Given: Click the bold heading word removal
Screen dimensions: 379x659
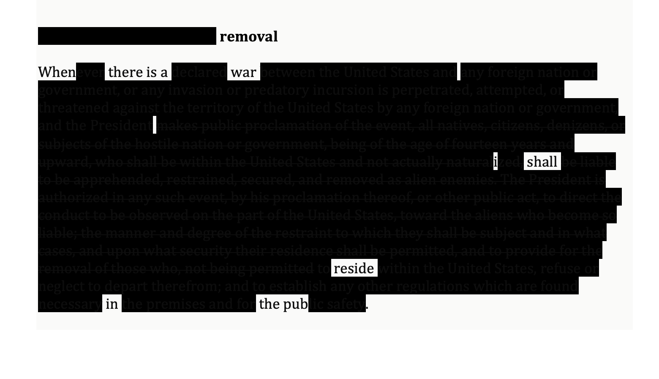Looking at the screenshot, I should (248, 36).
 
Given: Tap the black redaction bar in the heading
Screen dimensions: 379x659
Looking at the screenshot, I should (127, 36).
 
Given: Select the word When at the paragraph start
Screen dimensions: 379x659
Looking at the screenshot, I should (57, 72).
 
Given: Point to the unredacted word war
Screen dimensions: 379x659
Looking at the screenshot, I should (244, 72).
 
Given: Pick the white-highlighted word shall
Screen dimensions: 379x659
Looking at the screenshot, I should (542, 161).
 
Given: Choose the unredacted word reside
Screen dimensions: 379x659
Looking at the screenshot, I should (354, 268).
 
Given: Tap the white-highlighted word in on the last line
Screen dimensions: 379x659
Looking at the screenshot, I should (112, 304).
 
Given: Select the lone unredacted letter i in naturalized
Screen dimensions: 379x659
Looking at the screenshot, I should (496, 162).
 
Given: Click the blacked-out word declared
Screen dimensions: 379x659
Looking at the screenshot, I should (199, 72).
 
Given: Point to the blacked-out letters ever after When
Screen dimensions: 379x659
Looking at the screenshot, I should (90, 72).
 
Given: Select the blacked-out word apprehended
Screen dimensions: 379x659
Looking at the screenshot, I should (118, 180).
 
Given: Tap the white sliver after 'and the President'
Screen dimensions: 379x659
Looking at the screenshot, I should (155, 125).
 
